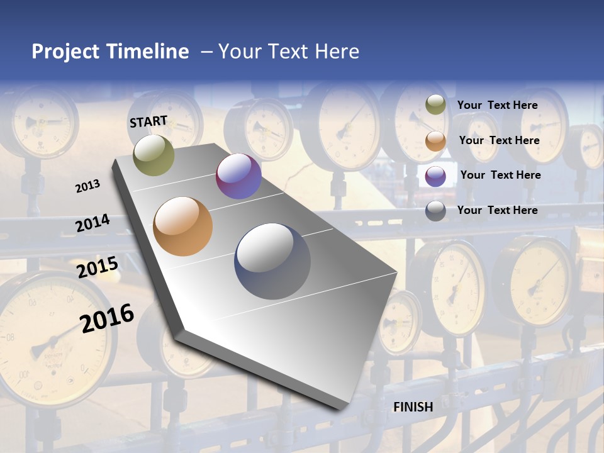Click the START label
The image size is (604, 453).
[148, 121]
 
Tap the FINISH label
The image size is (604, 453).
[413, 407]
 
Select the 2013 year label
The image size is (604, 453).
[88, 186]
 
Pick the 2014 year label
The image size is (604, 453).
[92, 223]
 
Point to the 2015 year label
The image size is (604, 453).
[97, 267]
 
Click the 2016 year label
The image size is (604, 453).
[107, 318]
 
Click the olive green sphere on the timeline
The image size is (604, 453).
[154, 155]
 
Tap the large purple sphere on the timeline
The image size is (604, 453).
[238, 176]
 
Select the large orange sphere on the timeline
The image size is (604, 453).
[183, 226]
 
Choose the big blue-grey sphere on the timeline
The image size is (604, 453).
[272, 261]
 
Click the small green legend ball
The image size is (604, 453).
[435, 105]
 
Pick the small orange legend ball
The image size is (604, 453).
[435, 141]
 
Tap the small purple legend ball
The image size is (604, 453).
[435, 176]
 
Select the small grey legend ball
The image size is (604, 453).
[435, 211]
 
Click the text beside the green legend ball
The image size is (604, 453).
[497, 105]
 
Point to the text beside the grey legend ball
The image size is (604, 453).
[497, 210]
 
